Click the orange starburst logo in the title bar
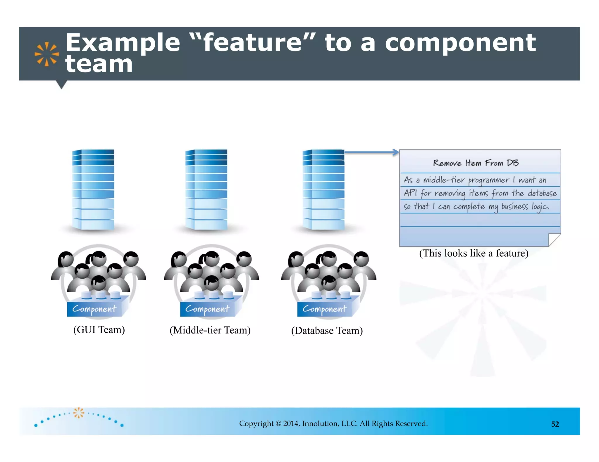[47, 54]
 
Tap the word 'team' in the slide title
[99, 64]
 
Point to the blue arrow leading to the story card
[371, 152]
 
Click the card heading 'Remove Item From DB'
[476, 163]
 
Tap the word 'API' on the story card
[410, 193]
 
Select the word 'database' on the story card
[542, 193]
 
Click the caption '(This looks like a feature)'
[474, 253]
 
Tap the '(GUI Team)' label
[99, 330]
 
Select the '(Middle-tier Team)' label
[210, 330]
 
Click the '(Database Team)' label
[327, 331]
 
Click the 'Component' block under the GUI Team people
[94, 309]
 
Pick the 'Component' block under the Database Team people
[324, 309]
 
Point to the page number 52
[555, 424]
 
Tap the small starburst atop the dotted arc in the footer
[78, 412]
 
